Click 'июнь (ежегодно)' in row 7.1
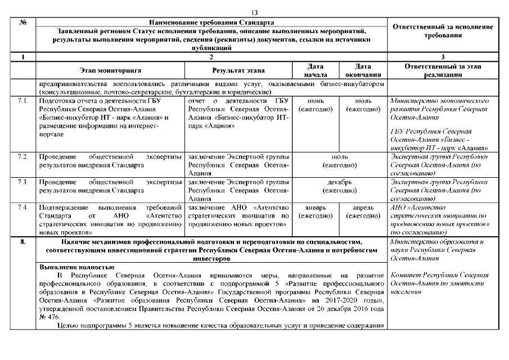[316, 105]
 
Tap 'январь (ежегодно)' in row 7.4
[316, 212]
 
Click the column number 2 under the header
[210, 56]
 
